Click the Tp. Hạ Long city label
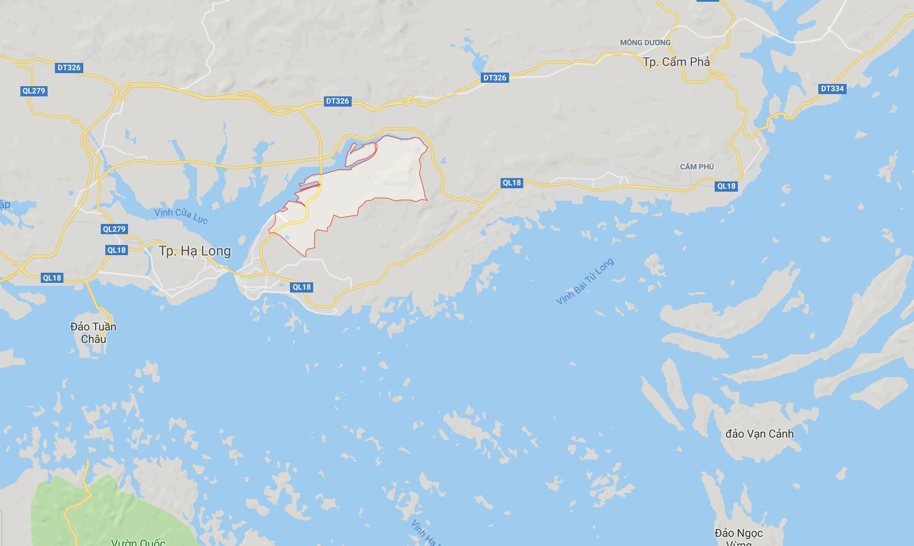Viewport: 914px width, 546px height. [195, 251]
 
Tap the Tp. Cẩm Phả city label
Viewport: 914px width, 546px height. [676, 62]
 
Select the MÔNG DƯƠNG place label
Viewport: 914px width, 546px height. [645, 43]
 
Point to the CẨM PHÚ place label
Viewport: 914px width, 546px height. [697, 167]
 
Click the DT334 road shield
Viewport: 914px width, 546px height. [832, 88]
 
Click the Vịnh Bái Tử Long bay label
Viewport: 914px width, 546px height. [585, 282]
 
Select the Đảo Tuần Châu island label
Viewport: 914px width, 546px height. [93, 333]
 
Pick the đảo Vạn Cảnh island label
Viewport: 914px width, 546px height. [759, 434]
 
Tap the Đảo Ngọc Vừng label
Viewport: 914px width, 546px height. [738, 536]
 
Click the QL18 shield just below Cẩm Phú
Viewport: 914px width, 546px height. [726, 186]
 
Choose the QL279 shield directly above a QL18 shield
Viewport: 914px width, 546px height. [114, 229]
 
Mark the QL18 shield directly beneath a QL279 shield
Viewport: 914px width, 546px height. [116, 250]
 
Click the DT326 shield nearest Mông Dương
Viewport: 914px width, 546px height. [494, 78]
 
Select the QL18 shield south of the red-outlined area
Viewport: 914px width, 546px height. [302, 287]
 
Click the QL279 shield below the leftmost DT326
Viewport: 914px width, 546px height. [33, 91]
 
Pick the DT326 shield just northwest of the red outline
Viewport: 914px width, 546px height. [338, 101]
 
